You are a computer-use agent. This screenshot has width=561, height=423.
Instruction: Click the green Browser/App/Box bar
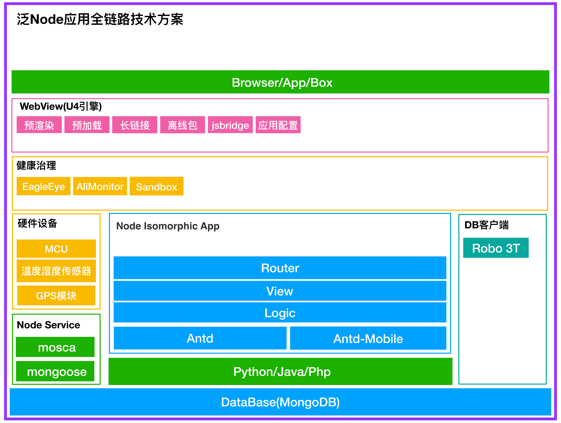point(280,82)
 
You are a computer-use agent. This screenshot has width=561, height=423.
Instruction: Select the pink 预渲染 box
point(39,125)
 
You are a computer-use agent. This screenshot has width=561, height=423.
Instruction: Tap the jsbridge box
point(230,125)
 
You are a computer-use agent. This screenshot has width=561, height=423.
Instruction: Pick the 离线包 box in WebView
point(182,125)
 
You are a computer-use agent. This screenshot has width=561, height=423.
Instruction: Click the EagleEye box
point(43,186)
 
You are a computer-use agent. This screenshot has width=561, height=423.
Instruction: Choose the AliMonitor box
point(100,186)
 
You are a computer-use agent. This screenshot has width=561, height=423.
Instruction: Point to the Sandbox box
point(157,186)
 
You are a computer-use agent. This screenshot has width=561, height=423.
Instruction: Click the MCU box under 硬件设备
point(56,249)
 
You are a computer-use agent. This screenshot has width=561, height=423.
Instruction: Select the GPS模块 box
point(56,296)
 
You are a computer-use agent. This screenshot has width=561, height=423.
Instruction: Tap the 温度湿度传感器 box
point(56,271)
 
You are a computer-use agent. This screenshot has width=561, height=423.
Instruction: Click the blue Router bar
point(280,268)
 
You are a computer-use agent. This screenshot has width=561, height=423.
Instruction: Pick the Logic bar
point(280,313)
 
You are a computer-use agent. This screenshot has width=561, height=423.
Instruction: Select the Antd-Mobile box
point(368,338)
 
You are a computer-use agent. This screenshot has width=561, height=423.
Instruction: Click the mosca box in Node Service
point(55,347)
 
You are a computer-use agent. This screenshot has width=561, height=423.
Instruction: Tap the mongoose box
point(55,372)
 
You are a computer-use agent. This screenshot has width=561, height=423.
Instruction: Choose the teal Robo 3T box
point(496,248)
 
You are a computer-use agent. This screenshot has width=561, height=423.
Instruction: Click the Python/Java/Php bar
point(280,372)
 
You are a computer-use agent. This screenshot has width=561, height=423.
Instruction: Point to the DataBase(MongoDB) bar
point(280,402)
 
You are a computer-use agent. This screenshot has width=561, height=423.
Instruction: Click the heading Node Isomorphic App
point(168,226)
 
